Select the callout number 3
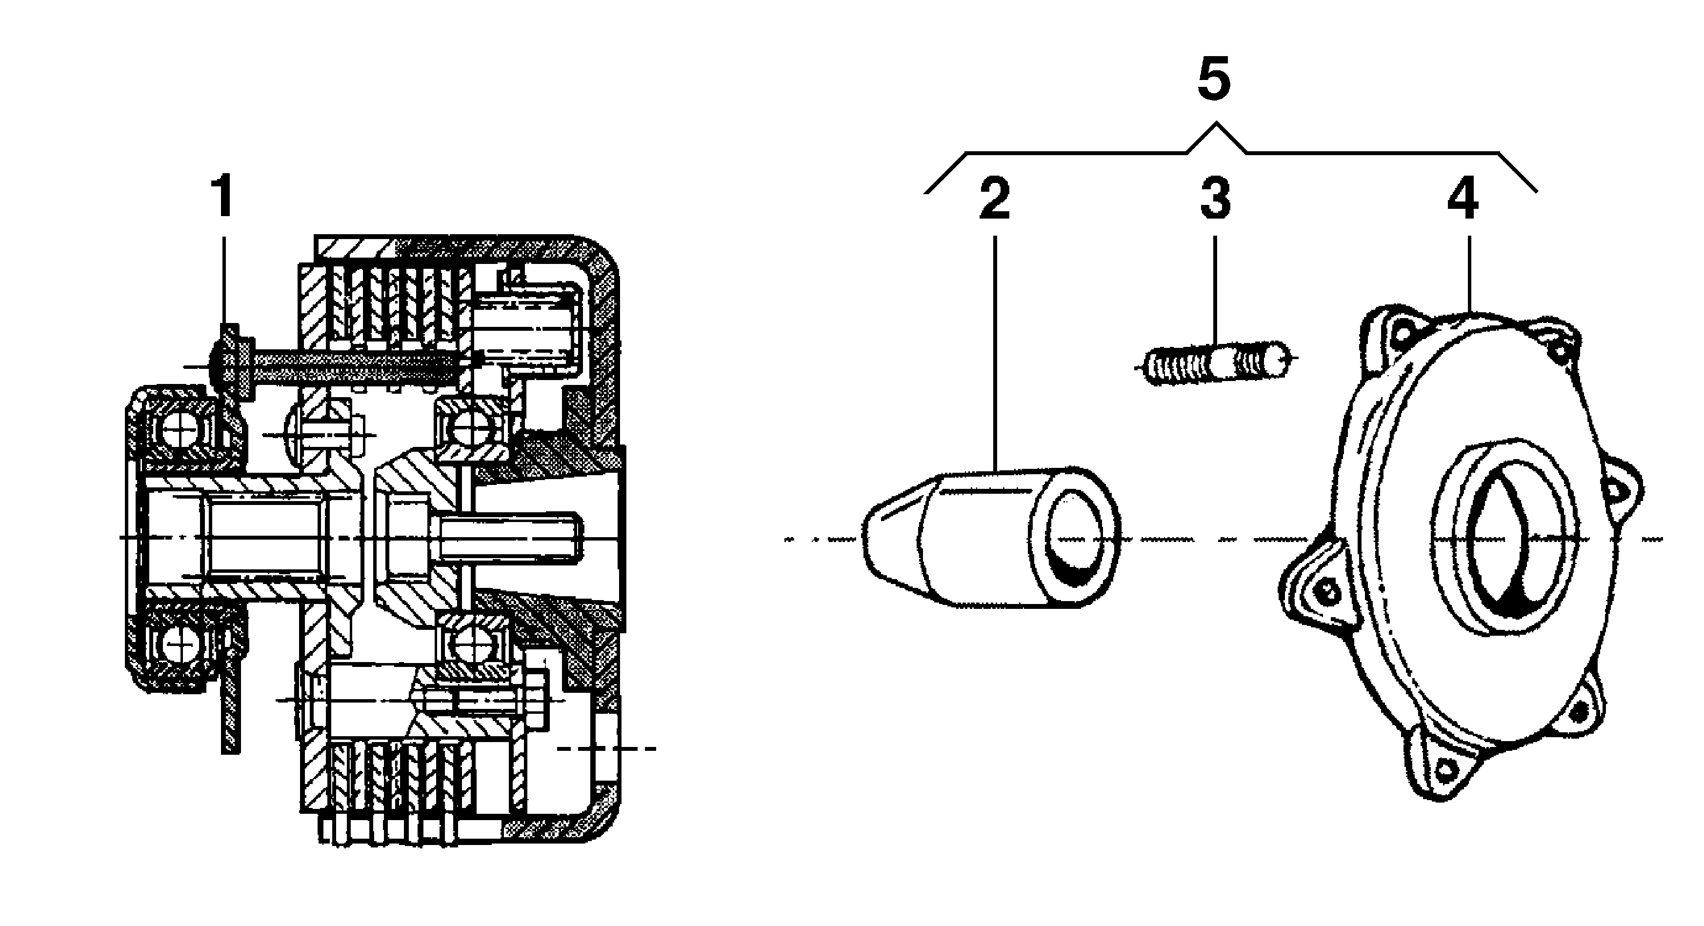point(1215,199)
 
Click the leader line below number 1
point(223,278)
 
